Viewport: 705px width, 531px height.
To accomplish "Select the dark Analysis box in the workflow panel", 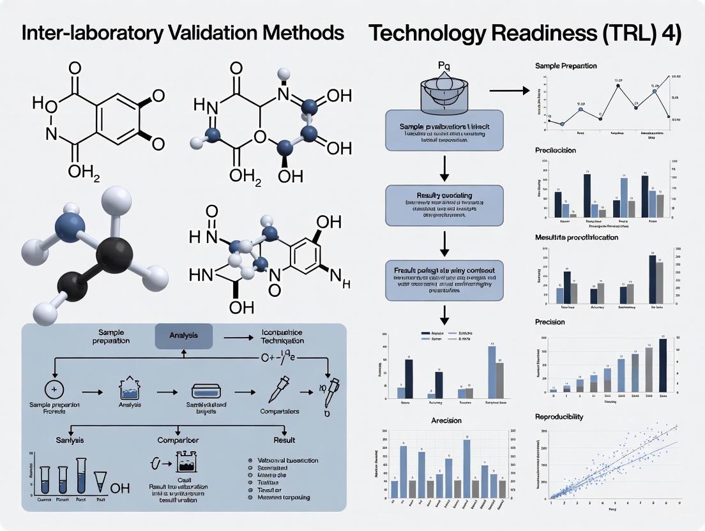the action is coord(184,335).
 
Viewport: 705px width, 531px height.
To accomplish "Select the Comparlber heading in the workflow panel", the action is coord(178,440).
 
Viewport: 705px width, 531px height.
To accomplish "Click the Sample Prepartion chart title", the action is coord(566,66).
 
